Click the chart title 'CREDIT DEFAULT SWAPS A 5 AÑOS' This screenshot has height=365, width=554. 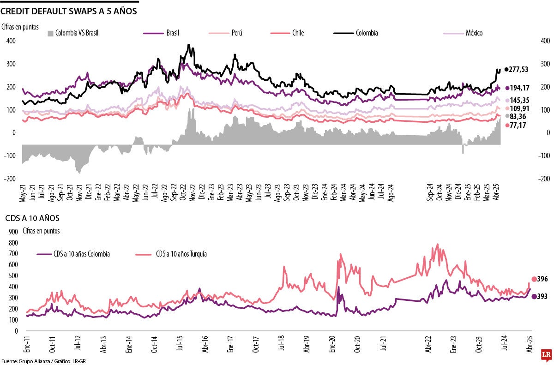click(x=69, y=11)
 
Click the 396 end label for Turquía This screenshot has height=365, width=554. click(x=542, y=279)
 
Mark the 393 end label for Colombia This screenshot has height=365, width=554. click(x=542, y=297)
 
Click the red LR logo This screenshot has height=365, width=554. click(x=546, y=355)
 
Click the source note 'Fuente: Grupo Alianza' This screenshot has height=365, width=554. click(x=28, y=361)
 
